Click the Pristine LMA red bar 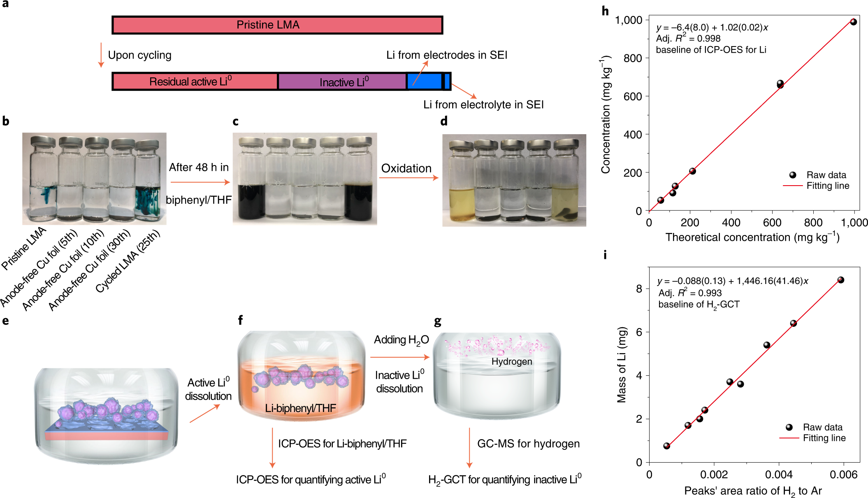click(x=277, y=25)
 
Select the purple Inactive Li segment click(x=342, y=81)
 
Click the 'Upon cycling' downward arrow click(x=101, y=55)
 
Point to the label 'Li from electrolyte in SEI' click(x=483, y=105)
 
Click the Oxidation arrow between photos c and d click(x=408, y=178)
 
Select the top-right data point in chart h click(x=853, y=22)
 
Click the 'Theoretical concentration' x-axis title click(x=752, y=237)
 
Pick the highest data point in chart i click(x=840, y=280)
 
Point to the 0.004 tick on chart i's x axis click(x=779, y=475)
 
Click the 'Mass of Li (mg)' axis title click(x=622, y=364)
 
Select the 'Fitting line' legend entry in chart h click(x=827, y=186)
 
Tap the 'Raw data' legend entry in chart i click(x=822, y=427)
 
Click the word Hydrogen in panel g click(x=512, y=361)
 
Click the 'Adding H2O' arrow click(x=399, y=357)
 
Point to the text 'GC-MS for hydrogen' click(x=528, y=443)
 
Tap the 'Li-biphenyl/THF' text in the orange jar click(x=300, y=408)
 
